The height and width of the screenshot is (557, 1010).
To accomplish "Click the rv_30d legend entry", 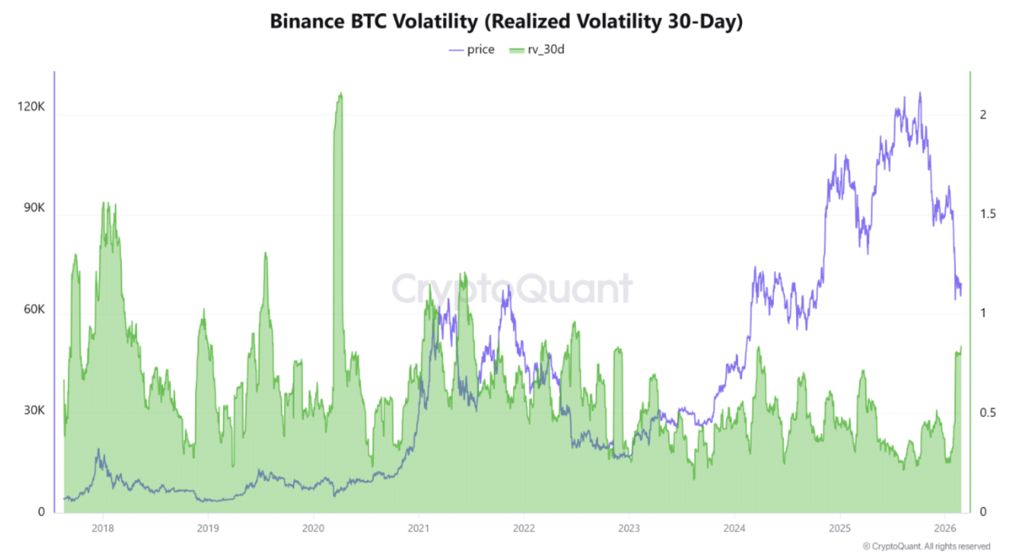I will (537, 50).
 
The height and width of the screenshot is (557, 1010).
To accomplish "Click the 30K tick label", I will (33, 410).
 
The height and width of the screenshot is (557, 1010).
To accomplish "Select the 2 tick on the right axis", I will (983, 114).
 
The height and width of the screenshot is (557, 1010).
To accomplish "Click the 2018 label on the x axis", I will (103, 528).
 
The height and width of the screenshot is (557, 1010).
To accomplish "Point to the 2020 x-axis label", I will (314, 528).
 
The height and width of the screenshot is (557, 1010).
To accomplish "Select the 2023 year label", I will (629, 528).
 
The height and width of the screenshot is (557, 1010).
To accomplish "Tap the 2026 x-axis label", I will (945, 528).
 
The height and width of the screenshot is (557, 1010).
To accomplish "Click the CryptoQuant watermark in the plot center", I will (512, 289).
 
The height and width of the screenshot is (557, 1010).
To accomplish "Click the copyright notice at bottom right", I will (926, 546).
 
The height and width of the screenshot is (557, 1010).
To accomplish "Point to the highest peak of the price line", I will (919, 93).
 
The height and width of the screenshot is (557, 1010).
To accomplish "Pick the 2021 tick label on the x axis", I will (418, 528).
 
